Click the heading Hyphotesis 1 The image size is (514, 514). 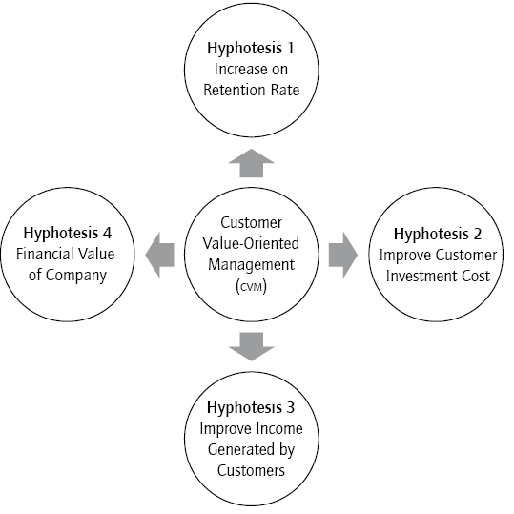[x=252, y=46]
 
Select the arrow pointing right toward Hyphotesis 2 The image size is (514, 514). [x=341, y=255]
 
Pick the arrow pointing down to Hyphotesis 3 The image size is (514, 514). [x=252, y=344]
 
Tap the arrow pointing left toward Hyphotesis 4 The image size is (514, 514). [x=161, y=255]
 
